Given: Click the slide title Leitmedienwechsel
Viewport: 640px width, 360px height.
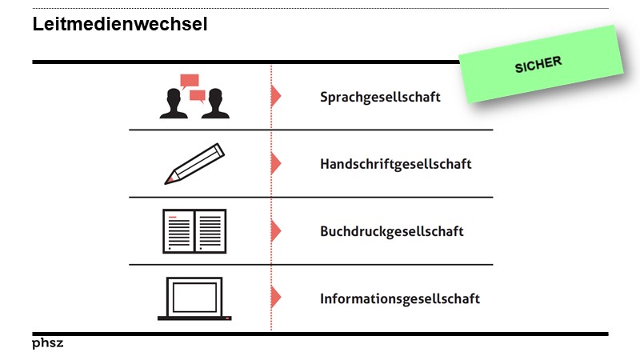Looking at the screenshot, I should tap(120, 25).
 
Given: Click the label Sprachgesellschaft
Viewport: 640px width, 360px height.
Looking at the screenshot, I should tap(380, 97).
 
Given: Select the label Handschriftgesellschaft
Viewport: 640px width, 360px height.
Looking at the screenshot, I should tap(395, 164).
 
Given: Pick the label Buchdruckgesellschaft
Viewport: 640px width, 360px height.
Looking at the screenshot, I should tap(391, 231).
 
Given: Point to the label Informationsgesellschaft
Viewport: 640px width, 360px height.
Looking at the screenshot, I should tap(399, 298).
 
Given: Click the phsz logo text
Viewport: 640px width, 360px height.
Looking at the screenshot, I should tap(47, 343).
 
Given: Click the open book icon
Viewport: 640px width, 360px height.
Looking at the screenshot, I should tap(194, 231).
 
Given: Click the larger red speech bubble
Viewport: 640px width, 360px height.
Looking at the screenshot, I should tap(190, 81).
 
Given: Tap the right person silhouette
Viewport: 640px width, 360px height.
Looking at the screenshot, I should tap(214, 106).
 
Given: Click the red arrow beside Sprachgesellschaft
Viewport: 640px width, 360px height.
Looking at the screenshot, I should tap(276, 97).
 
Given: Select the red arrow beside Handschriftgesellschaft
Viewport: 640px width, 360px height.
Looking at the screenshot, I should tap(276, 164).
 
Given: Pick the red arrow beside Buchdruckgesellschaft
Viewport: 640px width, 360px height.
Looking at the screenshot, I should tap(276, 231).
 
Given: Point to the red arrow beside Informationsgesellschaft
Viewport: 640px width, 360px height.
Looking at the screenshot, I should tap(276, 298).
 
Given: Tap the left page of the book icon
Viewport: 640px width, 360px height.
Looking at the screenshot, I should tap(178, 231).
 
